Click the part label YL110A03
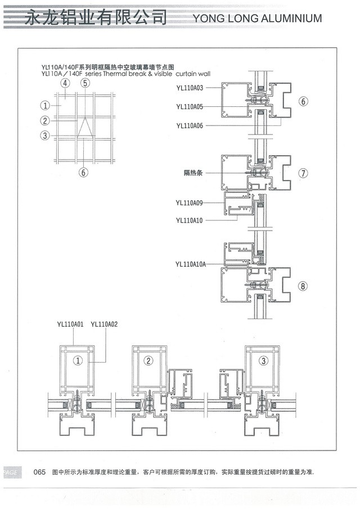point(190,88)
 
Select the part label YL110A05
point(190,107)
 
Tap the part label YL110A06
point(190,125)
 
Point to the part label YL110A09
point(189,203)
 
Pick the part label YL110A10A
point(191,264)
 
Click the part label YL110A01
point(70,325)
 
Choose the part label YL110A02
point(104,325)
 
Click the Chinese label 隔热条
point(193,173)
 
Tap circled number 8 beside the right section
point(303,286)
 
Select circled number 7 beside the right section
point(303,173)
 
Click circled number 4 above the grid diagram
point(65,83)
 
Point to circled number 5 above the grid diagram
point(85,83)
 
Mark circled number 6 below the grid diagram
point(83,172)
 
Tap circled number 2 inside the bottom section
point(148,361)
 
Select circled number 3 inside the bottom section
point(263,361)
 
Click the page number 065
point(39,472)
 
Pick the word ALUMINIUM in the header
point(291,18)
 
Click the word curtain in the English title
point(186,74)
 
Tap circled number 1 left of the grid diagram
point(45,106)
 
